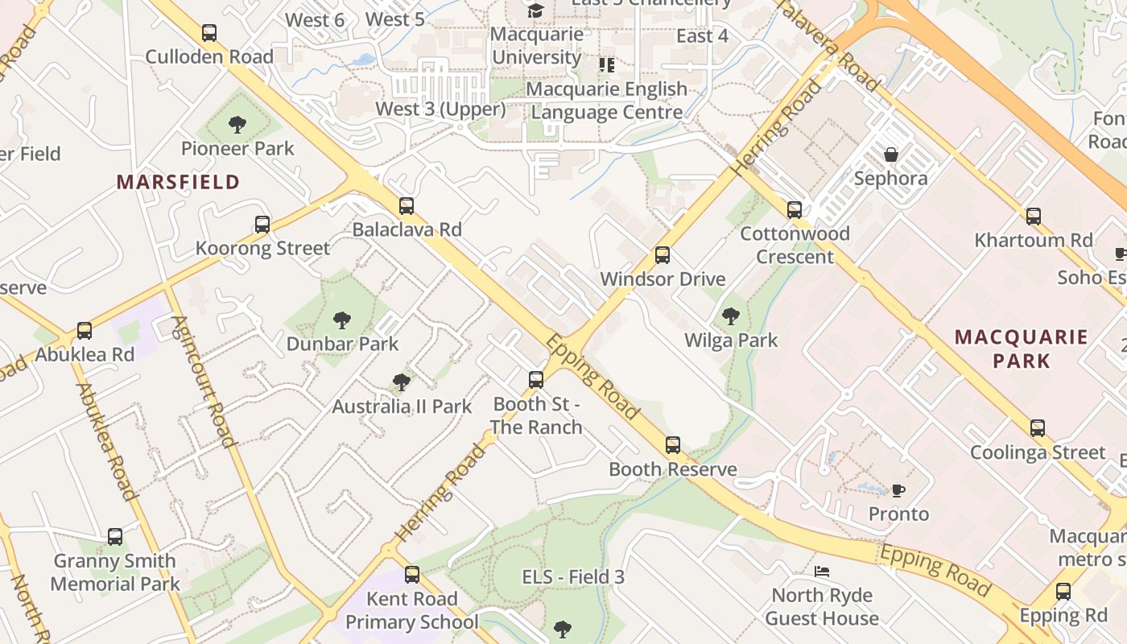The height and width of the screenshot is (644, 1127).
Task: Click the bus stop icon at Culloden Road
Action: (209, 33)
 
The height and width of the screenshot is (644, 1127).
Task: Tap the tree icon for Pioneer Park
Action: (237, 124)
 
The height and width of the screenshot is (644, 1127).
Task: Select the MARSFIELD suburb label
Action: (178, 182)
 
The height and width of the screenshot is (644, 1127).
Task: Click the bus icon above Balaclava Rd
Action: (407, 206)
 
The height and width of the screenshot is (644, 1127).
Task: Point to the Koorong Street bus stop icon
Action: (262, 225)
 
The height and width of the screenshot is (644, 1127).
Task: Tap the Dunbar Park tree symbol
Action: (342, 320)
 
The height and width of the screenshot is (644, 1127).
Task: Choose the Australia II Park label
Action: (402, 407)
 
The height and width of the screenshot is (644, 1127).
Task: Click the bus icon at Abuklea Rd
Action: (85, 331)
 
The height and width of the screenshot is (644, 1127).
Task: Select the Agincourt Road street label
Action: (203, 381)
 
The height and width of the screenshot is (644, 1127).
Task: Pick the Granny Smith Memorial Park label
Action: (115, 572)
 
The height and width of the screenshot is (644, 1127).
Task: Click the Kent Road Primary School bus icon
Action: (412, 575)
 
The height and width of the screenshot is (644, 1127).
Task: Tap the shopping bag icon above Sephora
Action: (891, 155)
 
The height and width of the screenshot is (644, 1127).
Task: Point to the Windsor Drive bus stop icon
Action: (663, 255)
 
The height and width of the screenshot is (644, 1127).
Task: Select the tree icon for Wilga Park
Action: (731, 316)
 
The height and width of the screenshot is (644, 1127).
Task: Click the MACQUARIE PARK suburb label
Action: (1021, 349)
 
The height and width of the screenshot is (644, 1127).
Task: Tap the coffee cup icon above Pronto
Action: (898, 490)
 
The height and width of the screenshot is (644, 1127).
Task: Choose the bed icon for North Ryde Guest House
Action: (822, 572)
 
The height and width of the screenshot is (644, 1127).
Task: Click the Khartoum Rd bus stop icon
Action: (1034, 216)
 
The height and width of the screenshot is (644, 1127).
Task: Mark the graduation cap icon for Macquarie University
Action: (535, 10)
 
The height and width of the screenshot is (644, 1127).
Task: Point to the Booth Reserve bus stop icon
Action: (673, 445)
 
